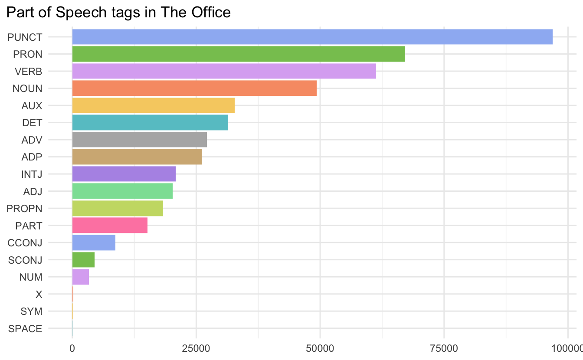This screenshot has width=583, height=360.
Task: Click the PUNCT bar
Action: coord(312,37)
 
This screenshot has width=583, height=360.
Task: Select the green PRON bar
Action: coord(239,54)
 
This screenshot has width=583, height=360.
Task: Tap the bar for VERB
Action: coord(224,71)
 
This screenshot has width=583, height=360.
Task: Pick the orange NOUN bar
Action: coord(194,88)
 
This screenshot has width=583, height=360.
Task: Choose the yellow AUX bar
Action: coord(153,105)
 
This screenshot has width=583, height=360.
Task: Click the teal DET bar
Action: coord(150,123)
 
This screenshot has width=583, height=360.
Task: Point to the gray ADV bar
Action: coord(139,140)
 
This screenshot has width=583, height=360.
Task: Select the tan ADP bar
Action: coord(137,157)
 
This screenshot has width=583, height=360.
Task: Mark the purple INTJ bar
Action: coord(124,174)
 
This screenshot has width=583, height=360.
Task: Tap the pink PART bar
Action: coord(110,226)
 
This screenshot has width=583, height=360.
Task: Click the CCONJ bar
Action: coord(94,242)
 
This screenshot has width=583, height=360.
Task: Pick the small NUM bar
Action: coord(80,277)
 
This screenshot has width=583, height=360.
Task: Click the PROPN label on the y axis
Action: coord(25,209)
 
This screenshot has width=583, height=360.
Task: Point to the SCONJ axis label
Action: coord(25,260)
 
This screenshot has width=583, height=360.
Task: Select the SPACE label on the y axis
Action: coord(25,329)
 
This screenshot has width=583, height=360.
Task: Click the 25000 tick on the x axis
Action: coord(196,348)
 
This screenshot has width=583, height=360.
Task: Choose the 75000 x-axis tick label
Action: coord(444,348)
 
